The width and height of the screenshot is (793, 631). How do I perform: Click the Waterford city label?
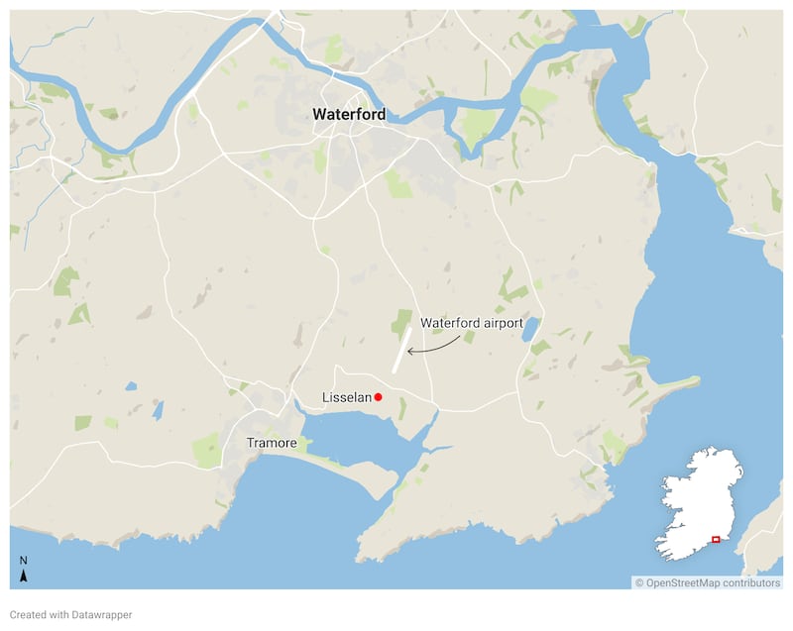pyautogui.click(x=349, y=114)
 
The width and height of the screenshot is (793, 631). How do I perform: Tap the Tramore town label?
pyautogui.click(x=272, y=443)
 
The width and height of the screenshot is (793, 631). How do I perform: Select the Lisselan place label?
pyautogui.click(x=346, y=397)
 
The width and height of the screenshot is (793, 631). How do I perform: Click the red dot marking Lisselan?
pyautogui.click(x=378, y=397)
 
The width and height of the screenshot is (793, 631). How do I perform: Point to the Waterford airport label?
pyautogui.click(x=472, y=323)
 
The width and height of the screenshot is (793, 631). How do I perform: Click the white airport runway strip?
pyautogui.click(x=401, y=350)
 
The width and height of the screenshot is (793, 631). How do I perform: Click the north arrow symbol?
pyautogui.click(x=24, y=576)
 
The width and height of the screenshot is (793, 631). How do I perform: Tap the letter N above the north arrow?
pyautogui.click(x=24, y=562)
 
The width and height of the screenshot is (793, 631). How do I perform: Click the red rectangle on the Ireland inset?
pyautogui.click(x=716, y=539)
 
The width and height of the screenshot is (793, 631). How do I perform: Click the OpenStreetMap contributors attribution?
pyautogui.click(x=708, y=582)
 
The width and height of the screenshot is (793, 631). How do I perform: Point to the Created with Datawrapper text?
pyautogui.click(x=70, y=614)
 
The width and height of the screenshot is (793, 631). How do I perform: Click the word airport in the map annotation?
pyautogui.click(x=501, y=323)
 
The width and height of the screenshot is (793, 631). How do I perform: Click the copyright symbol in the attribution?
pyautogui.click(x=639, y=582)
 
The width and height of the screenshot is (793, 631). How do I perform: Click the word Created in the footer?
pyautogui.click(x=29, y=614)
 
